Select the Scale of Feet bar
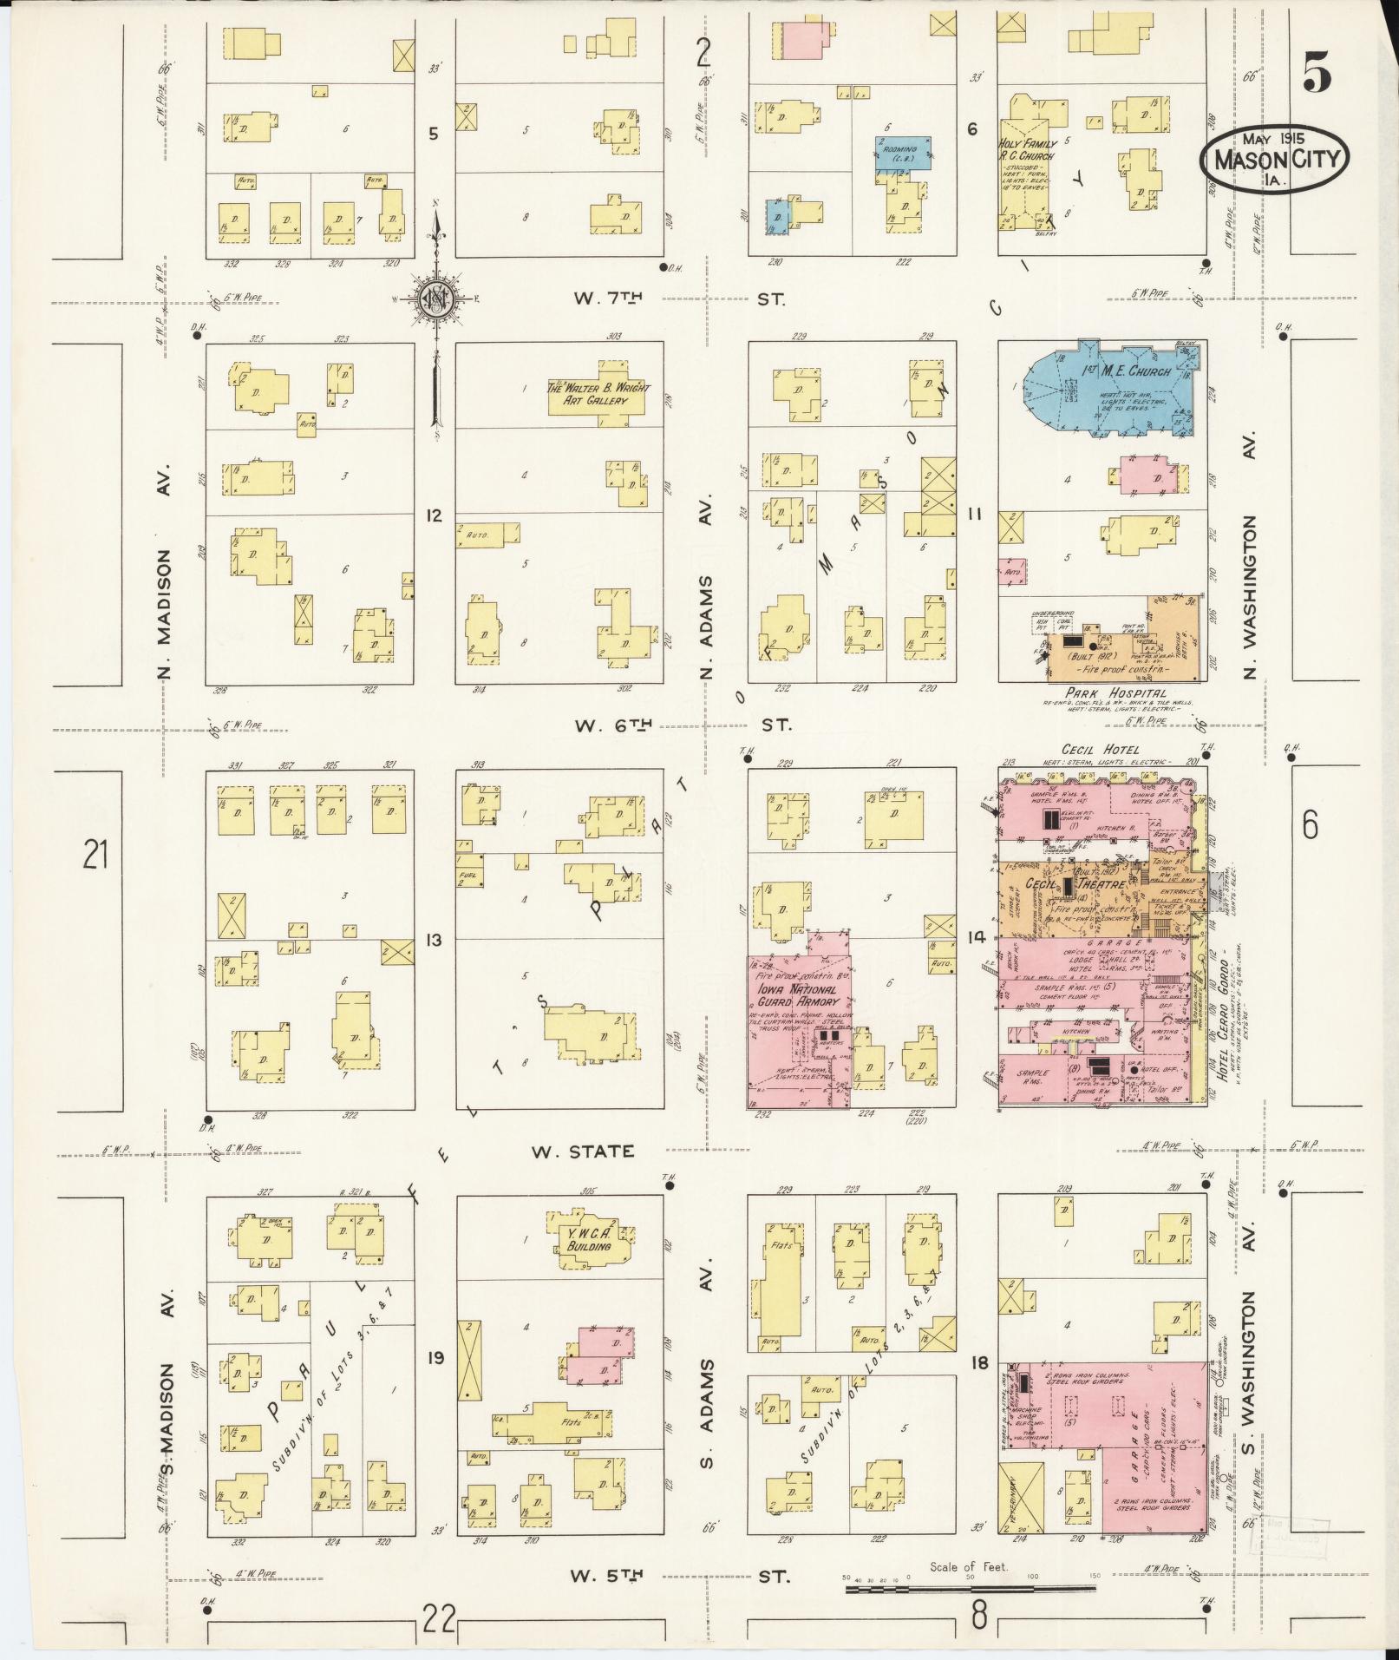970,1590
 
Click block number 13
434,940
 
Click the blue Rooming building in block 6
902,153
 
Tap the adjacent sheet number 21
95,856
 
